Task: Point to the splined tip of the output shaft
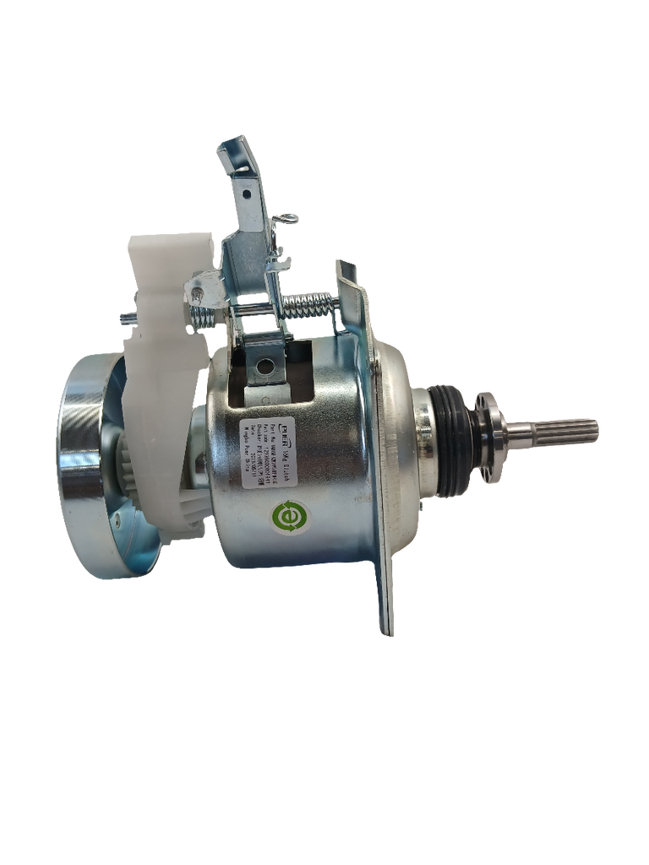575,429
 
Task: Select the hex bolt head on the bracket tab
196,293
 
